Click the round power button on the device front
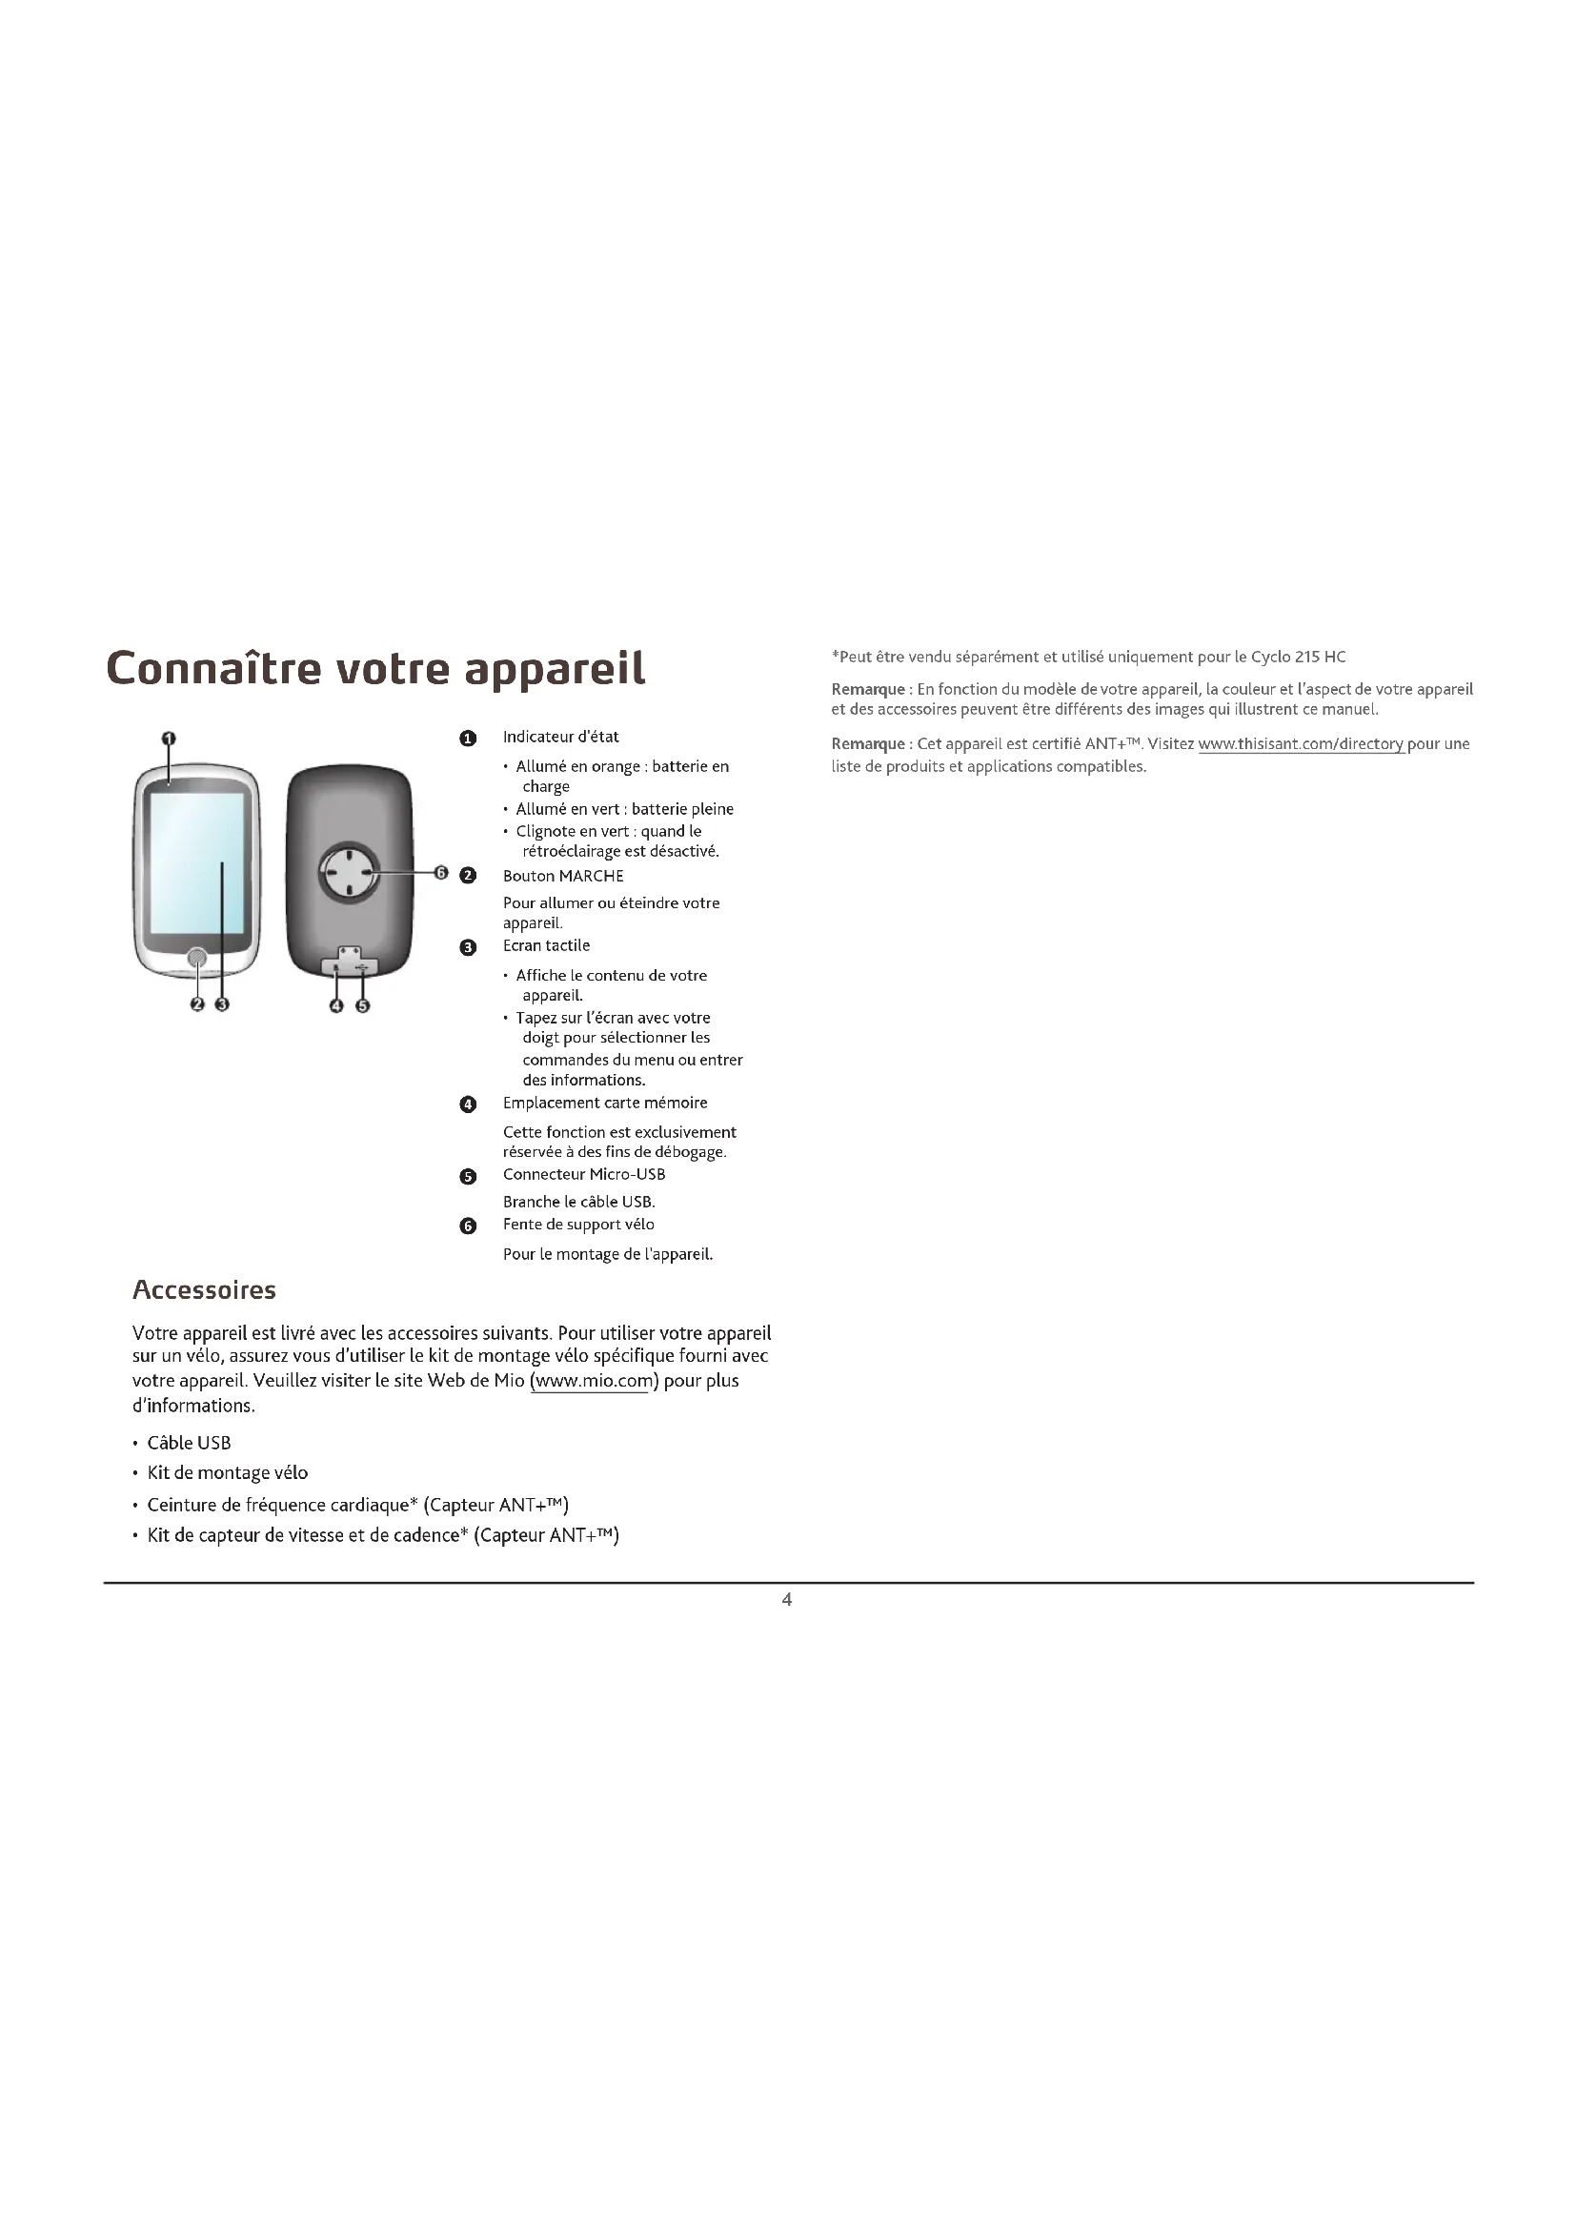click(197, 958)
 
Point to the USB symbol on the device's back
click(362, 966)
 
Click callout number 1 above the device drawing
click(169, 739)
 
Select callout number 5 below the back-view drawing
click(362, 1005)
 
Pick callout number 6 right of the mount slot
click(440, 873)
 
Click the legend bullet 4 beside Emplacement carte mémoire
click(468, 1104)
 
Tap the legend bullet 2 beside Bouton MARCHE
click(468, 876)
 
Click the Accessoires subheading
click(204, 1290)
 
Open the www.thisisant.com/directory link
click(1301, 744)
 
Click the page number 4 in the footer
click(787, 1599)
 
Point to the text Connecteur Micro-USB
click(583, 1175)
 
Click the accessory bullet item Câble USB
click(189, 1444)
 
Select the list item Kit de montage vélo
click(227, 1472)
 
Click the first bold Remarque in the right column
click(868, 689)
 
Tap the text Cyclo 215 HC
click(1298, 658)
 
